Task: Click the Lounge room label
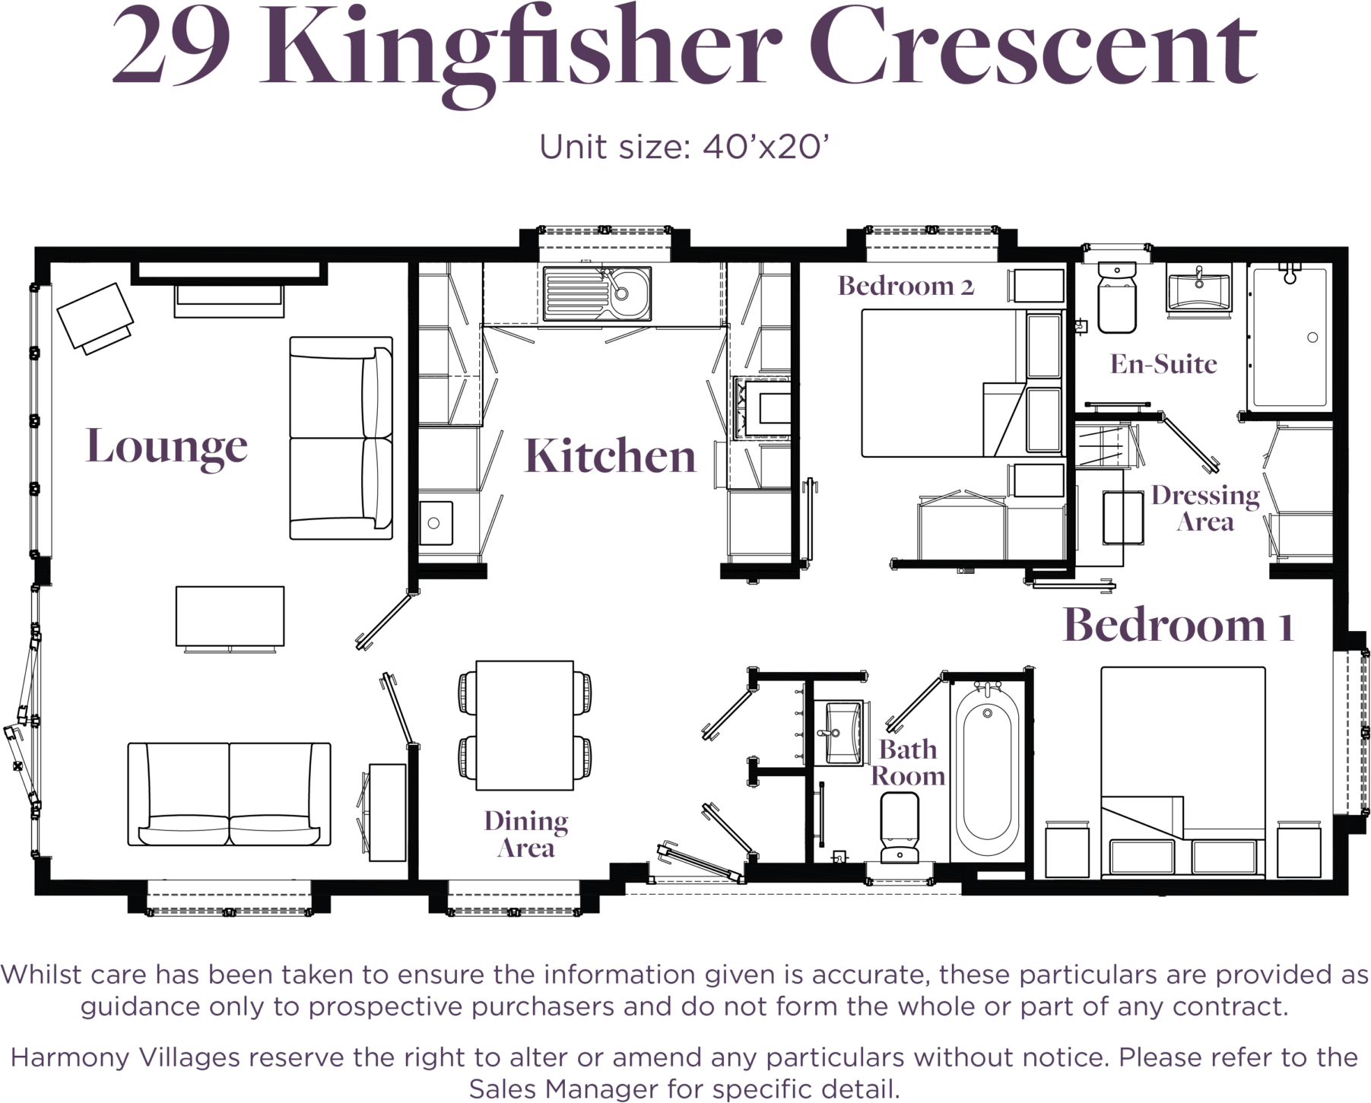[167, 447]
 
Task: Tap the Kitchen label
[610, 456]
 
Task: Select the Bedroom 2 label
[906, 286]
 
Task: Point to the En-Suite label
[1163, 364]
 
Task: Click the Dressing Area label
[1205, 508]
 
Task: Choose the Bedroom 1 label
[1178, 625]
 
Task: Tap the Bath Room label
[908, 762]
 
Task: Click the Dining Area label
[526, 834]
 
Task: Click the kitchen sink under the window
[597, 293]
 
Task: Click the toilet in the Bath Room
[899, 828]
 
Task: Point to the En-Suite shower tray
[1290, 337]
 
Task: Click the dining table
[525, 725]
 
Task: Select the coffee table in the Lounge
[230, 616]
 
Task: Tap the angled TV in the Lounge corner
[95, 315]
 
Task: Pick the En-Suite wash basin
[1199, 289]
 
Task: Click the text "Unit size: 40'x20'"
[683, 146]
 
